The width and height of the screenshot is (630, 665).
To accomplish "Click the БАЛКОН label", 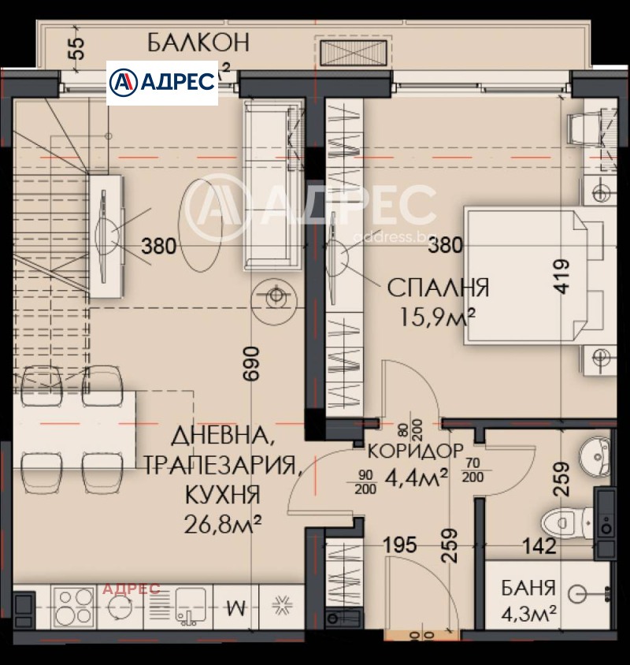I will click(x=198, y=43).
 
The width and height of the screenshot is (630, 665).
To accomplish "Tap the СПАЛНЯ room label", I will click(x=438, y=288).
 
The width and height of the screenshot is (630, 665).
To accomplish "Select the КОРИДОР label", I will click(x=416, y=451).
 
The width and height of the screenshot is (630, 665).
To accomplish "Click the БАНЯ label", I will click(x=529, y=588).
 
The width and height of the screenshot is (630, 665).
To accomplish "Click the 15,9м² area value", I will click(x=438, y=317).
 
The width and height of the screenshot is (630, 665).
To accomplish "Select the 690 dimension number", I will click(x=251, y=364).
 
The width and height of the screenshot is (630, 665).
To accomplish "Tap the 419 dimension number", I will click(x=560, y=277).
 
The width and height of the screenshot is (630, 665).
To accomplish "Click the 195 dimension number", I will click(x=400, y=545).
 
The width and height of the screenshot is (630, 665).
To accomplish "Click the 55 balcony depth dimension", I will click(x=76, y=48).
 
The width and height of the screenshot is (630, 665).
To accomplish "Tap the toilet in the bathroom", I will click(x=565, y=521).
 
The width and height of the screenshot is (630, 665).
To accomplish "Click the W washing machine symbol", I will click(x=235, y=607).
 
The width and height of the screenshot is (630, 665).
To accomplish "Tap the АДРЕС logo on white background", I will click(x=162, y=82).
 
